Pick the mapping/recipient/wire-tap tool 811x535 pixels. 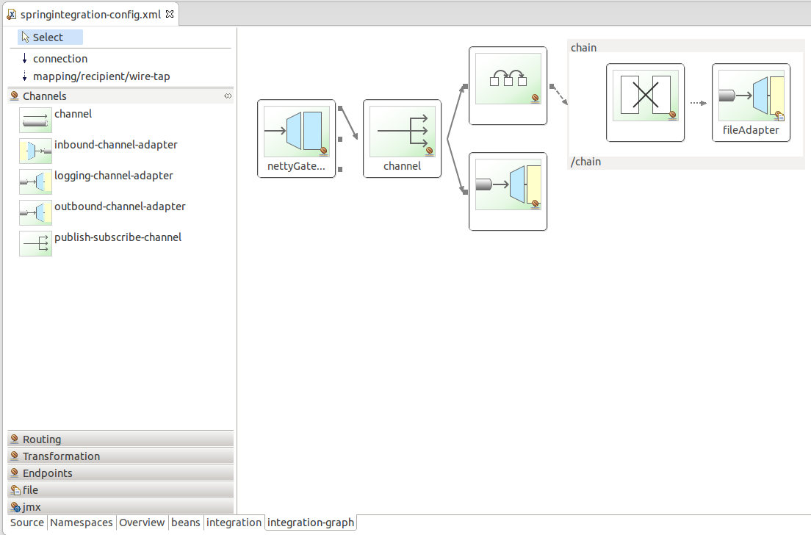pyautogui.click(x=95, y=76)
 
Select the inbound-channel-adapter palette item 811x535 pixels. pyautogui.click(x=98, y=150)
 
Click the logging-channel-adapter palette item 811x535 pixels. pyautogui.click(x=96, y=181)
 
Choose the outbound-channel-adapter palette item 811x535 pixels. pyautogui.click(x=102, y=212)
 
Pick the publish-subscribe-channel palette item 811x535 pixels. pyautogui.click(x=101, y=243)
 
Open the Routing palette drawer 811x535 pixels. pyautogui.click(x=120, y=439)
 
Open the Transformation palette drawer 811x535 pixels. pyautogui.click(x=120, y=456)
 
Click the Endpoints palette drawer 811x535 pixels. pyautogui.click(x=120, y=473)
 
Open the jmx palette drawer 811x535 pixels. pyautogui.click(x=120, y=507)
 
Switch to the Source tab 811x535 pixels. pyautogui.click(x=27, y=523)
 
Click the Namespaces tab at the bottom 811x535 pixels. pyautogui.click(x=82, y=523)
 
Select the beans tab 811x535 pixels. pyautogui.click(x=186, y=523)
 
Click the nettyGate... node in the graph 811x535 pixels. pyautogui.click(x=296, y=139)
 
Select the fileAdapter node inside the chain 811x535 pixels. pyautogui.click(x=751, y=102)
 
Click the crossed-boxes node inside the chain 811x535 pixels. pyautogui.click(x=646, y=102)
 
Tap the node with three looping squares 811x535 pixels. pyautogui.click(x=508, y=86)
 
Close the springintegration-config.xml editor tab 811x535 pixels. pyautogui.click(x=170, y=14)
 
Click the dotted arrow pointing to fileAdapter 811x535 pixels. pyautogui.click(x=699, y=103)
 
